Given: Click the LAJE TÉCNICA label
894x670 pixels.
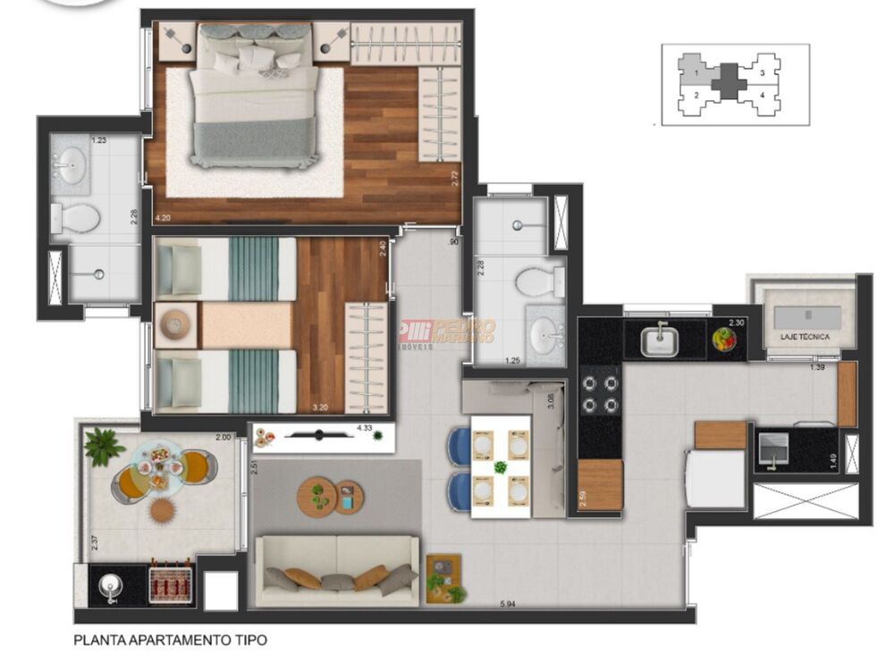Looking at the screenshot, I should (804, 337).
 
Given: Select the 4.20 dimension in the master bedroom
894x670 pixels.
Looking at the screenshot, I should (163, 217).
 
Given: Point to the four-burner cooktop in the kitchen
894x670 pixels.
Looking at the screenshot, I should (600, 393).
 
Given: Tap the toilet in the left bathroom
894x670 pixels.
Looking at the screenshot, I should (76, 217).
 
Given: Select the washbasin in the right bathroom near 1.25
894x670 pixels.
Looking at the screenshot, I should (544, 337).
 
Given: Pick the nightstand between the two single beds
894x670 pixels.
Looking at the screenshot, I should (174, 322).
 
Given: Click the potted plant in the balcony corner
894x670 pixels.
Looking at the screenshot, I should (105, 446).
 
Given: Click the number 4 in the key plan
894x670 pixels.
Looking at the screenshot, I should (762, 94).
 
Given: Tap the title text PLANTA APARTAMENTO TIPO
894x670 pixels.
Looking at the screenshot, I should (170, 640).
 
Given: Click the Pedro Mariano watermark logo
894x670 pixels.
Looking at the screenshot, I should (447, 332).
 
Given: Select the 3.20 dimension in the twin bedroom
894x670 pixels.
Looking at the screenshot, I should (320, 407).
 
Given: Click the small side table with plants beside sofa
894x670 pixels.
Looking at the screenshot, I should (443, 578).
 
